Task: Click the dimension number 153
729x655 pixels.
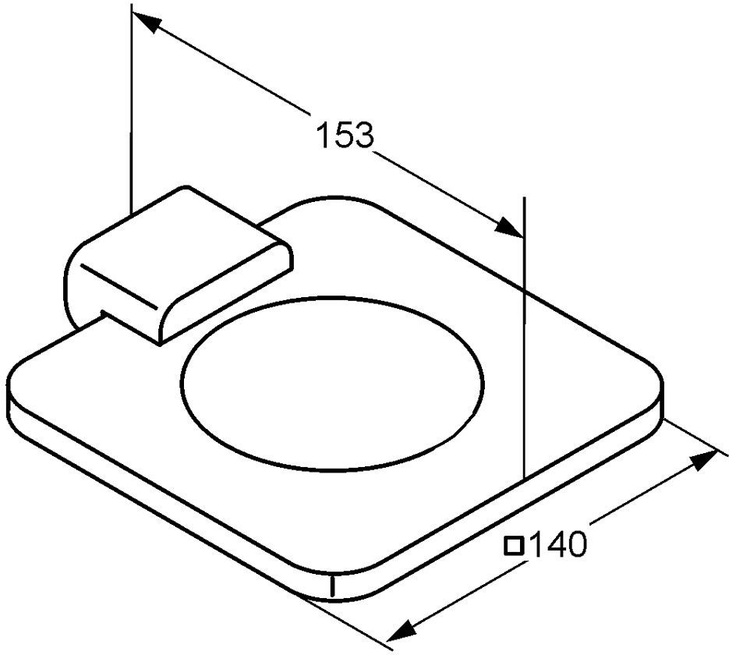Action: (345, 135)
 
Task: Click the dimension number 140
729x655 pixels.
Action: (558, 544)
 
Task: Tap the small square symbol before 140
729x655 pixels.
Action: (515, 545)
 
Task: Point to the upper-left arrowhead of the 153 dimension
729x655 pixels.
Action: (147, 23)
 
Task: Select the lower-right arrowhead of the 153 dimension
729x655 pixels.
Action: (509, 228)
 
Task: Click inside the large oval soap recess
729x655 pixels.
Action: (334, 383)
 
